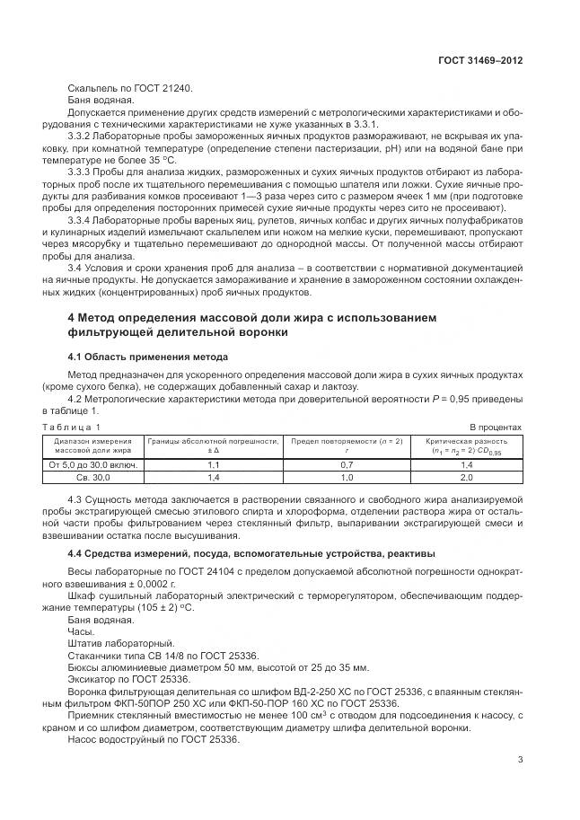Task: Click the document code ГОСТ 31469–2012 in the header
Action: tap(479, 61)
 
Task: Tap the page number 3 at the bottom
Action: tap(520, 760)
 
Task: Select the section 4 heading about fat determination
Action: tap(251, 325)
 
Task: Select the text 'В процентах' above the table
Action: tap(496, 427)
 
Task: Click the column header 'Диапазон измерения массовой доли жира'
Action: tap(92, 445)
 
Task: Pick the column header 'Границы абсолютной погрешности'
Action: tap(214, 445)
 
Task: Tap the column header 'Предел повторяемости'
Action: tap(347, 445)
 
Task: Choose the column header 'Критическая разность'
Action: tap(467, 445)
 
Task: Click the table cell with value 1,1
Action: tap(214, 465)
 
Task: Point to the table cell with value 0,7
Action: tap(347, 465)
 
